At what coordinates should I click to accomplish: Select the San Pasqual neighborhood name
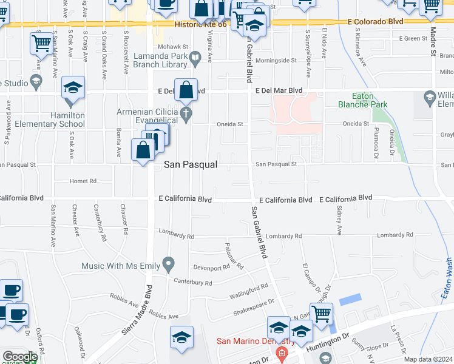tap(191, 165)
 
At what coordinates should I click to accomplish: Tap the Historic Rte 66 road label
tap(200, 25)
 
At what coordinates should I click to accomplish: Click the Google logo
tap(19, 357)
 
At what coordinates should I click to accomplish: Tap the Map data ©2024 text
tap(428, 359)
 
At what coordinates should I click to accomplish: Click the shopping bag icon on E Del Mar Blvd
tap(186, 90)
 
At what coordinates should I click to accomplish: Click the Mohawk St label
tap(171, 46)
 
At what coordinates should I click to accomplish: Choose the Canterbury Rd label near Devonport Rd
tap(192, 283)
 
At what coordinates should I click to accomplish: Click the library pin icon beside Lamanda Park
tap(195, 59)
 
